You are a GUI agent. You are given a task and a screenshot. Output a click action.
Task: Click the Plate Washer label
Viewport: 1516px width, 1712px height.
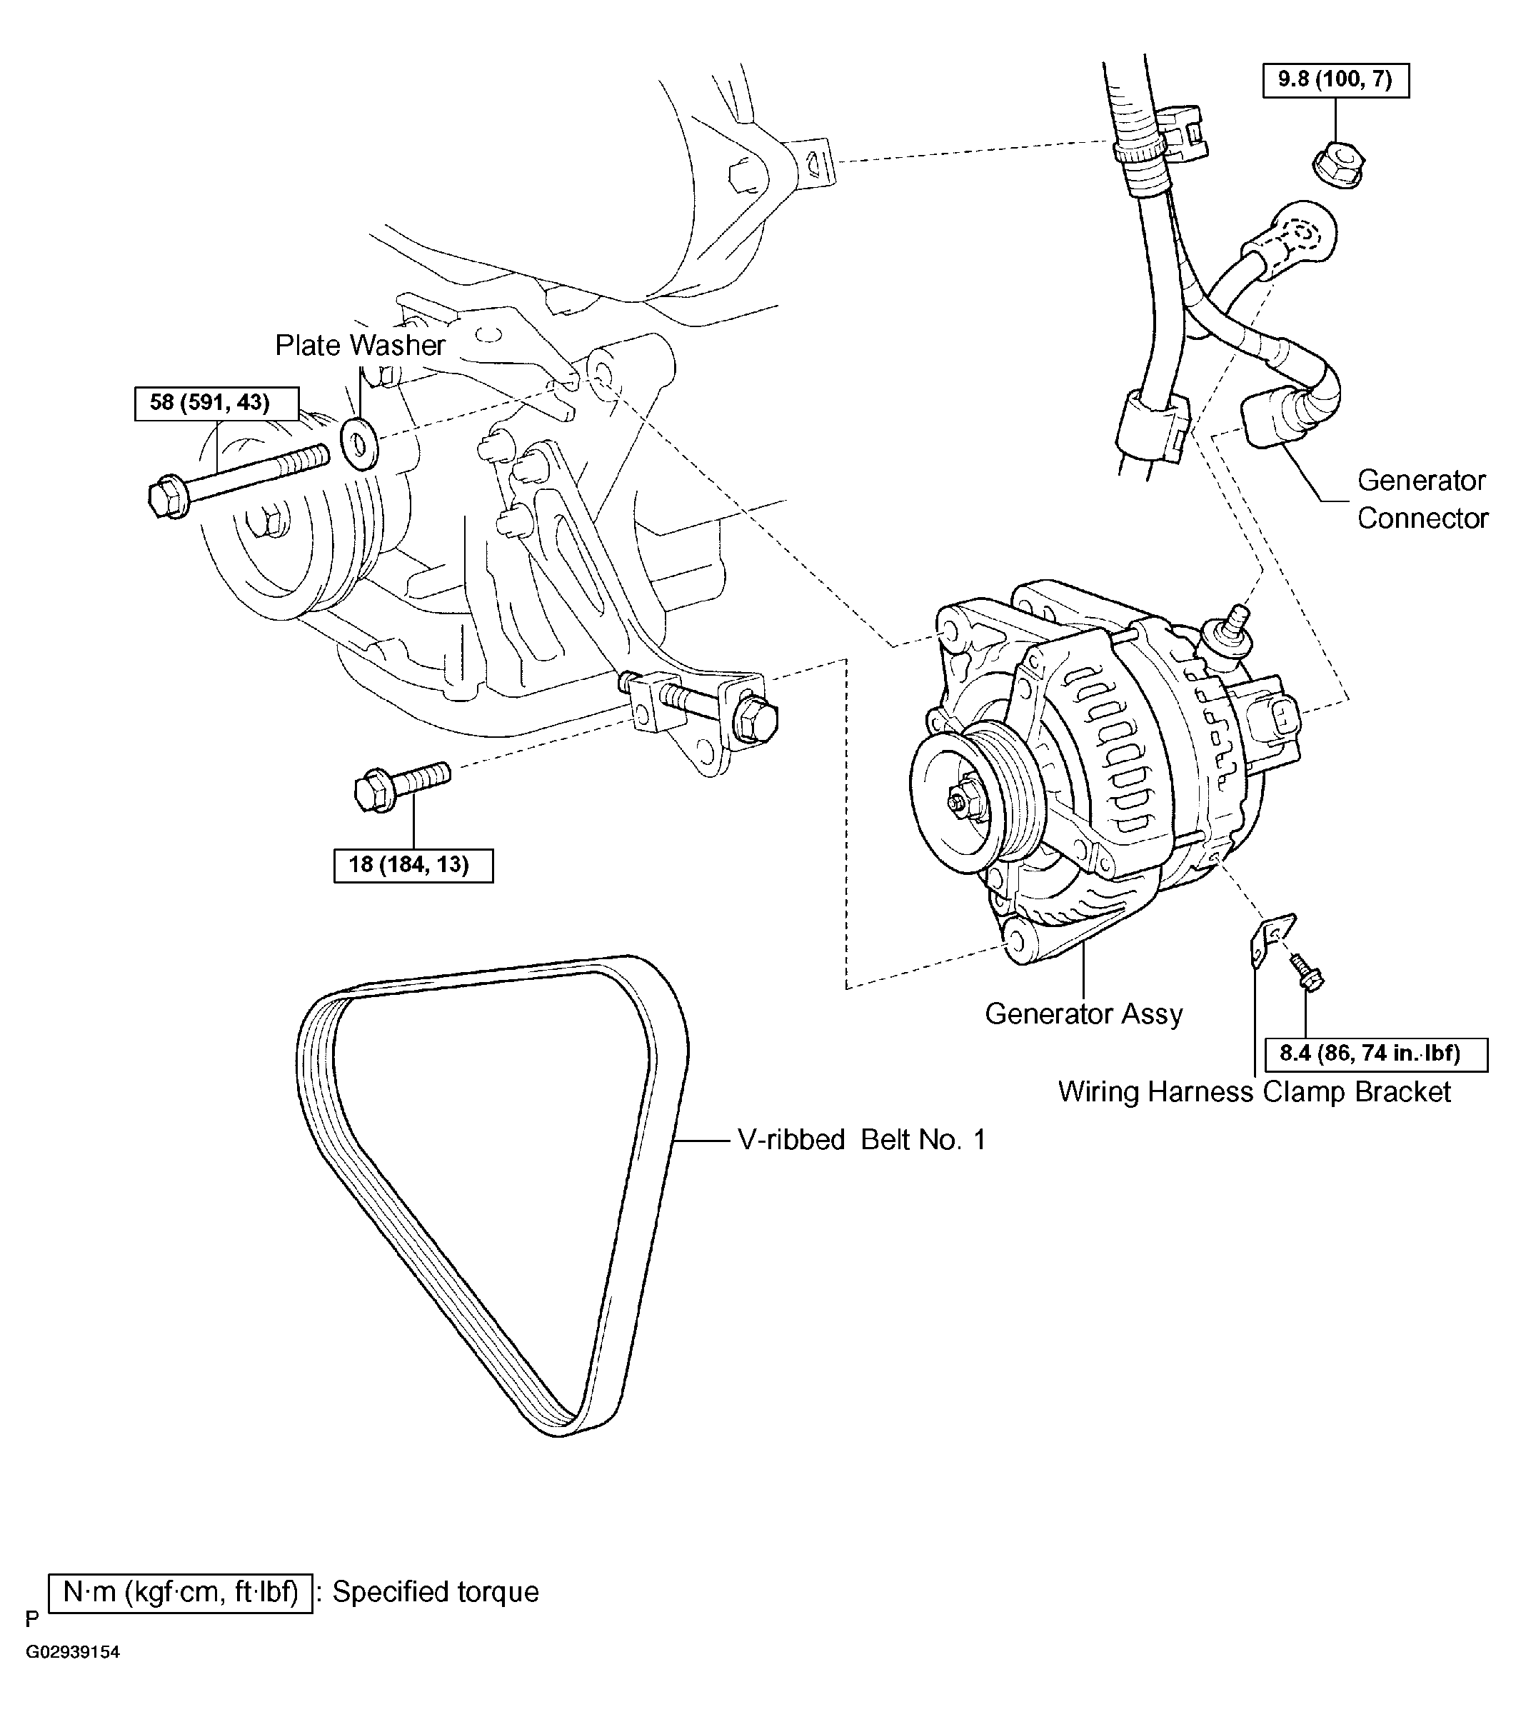[360, 345]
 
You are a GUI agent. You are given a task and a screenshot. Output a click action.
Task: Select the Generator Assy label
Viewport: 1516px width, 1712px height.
[1083, 1013]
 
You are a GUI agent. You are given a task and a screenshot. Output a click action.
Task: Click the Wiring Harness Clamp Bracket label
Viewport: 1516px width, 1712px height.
[1254, 1092]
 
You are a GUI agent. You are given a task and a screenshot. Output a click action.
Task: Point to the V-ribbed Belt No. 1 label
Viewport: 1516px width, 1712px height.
[861, 1140]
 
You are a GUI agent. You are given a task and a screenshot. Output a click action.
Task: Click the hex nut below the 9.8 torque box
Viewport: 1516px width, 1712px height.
[1337, 164]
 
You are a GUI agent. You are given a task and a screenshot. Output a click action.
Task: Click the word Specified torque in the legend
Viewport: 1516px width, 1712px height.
[436, 1591]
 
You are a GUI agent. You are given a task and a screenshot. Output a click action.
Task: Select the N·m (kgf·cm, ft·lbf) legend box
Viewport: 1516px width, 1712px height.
[181, 1591]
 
